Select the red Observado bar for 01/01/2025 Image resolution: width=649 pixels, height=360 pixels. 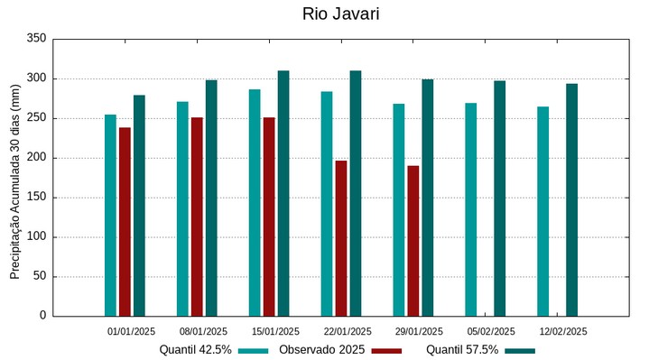coord(125,221)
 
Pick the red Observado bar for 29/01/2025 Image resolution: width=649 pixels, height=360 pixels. coord(413,241)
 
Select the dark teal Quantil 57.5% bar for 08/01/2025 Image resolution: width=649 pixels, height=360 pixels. coord(211,198)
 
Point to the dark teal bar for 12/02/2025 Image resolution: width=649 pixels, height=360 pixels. coord(571,199)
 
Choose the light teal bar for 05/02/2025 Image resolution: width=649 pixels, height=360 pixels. coord(470,209)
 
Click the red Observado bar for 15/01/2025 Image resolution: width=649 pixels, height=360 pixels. coord(269,217)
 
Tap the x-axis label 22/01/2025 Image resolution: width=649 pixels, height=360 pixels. coord(348,331)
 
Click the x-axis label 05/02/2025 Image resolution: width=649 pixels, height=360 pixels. coord(491,331)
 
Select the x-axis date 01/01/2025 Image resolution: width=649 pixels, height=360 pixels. coord(132,331)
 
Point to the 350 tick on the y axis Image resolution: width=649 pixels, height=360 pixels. coord(36,39)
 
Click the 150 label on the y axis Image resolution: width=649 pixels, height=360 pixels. coord(36,198)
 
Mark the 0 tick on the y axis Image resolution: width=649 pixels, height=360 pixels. coord(42,316)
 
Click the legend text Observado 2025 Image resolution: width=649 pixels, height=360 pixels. coord(321,349)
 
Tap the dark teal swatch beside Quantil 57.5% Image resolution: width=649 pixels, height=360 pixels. coord(520,350)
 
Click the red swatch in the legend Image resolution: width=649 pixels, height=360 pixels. coord(386,350)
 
